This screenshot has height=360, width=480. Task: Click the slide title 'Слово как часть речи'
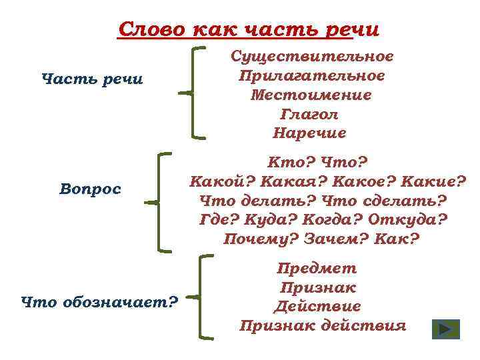[248, 30]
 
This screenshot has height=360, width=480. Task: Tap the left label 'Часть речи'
[92, 80]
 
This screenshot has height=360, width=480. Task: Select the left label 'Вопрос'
[90, 189]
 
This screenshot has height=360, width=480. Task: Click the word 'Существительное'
[312, 57]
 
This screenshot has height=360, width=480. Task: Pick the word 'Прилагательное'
[311, 76]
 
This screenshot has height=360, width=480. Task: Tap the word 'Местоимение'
[311, 95]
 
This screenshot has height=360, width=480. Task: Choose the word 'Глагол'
[311, 114]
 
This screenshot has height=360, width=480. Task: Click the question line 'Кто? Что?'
[317, 162]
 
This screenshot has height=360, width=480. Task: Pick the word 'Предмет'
[317, 269]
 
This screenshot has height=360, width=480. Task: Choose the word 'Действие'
[317, 307]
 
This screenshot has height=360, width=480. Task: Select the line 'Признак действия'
[323, 326]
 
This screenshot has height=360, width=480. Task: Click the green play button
[445, 330]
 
